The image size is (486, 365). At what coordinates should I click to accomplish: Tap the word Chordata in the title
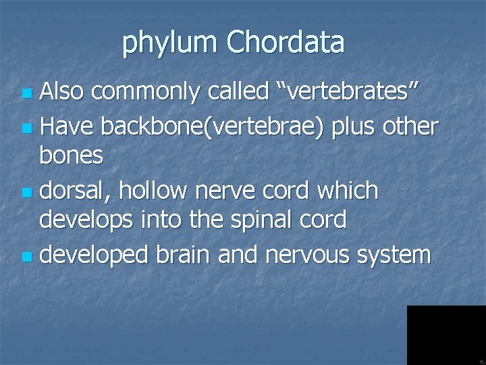286,42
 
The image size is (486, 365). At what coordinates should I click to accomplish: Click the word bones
71,155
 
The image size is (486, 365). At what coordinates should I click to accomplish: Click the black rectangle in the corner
446,335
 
